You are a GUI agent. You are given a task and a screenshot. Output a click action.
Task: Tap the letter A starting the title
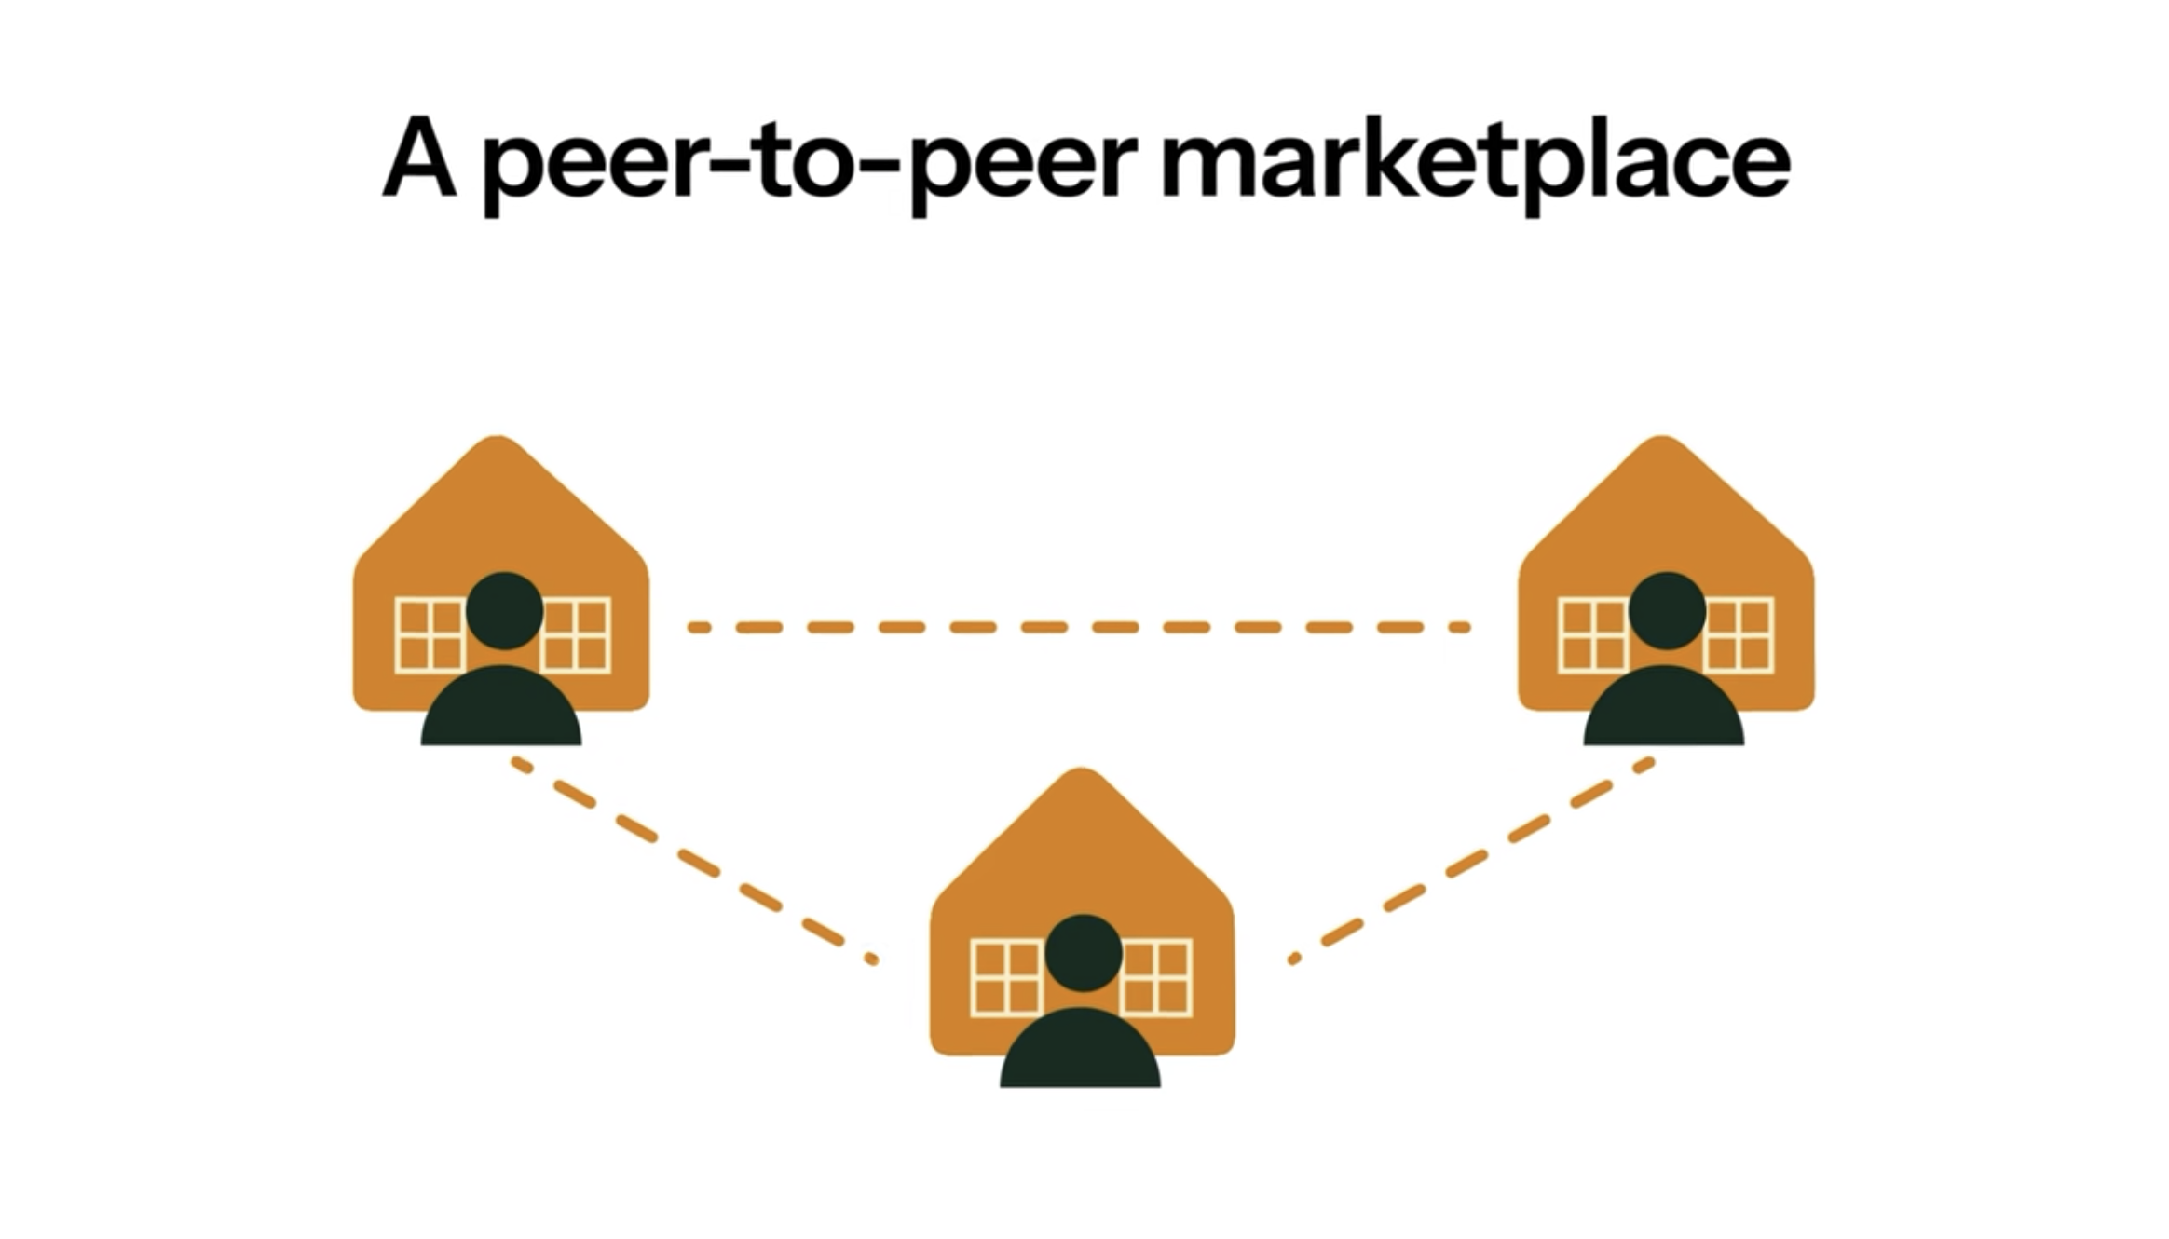[419, 158]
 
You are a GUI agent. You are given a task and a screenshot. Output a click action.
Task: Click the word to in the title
[801, 160]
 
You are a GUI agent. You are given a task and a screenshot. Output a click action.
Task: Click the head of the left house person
[504, 610]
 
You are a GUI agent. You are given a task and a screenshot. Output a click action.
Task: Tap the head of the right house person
[1667, 610]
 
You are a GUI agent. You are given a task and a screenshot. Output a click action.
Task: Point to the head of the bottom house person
[1083, 952]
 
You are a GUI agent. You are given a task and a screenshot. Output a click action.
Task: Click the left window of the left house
[429, 635]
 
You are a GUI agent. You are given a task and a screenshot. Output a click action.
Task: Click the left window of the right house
[1592, 635]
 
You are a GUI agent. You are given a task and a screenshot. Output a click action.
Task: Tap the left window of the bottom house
[1004, 977]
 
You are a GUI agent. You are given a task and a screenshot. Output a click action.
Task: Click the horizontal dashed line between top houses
[1079, 627]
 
